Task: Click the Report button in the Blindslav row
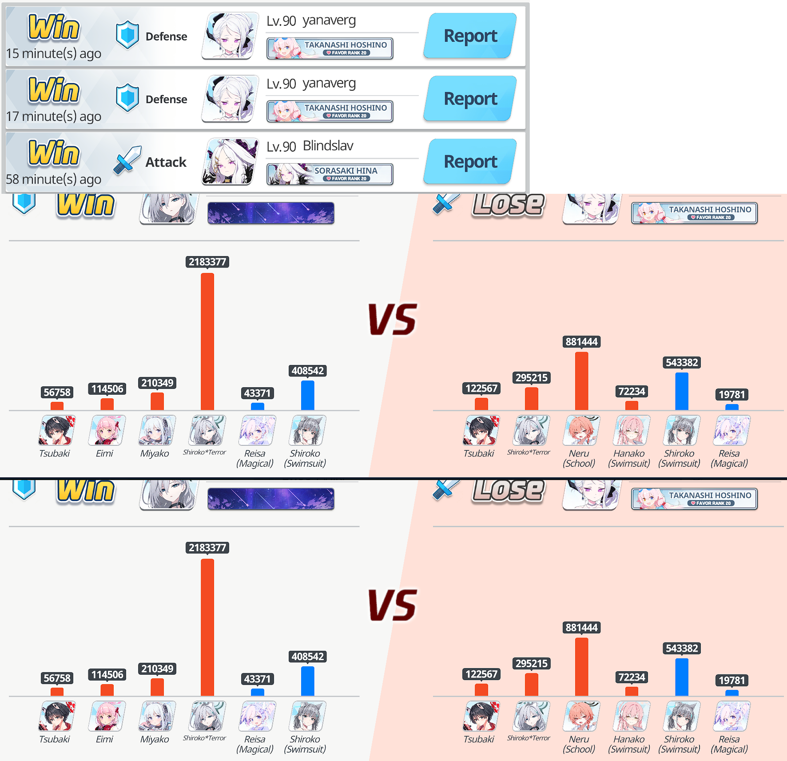(x=470, y=161)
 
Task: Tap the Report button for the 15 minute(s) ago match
(x=470, y=36)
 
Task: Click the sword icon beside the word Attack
(x=127, y=160)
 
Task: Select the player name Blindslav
(x=328, y=146)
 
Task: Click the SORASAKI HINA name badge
(x=330, y=174)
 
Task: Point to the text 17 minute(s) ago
(x=54, y=116)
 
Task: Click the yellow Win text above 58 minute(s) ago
(x=54, y=153)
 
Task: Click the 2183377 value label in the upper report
(x=207, y=262)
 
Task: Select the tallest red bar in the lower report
(x=207, y=627)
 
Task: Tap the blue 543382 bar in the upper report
(x=682, y=391)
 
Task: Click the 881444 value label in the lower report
(x=581, y=628)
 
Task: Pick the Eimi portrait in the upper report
(x=107, y=430)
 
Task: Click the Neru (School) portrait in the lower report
(x=581, y=716)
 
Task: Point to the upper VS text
(x=393, y=319)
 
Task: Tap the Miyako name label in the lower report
(x=155, y=739)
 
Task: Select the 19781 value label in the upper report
(x=731, y=394)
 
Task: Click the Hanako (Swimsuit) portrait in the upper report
(x=631, y=430)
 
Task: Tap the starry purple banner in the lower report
(x=271, y=498)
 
